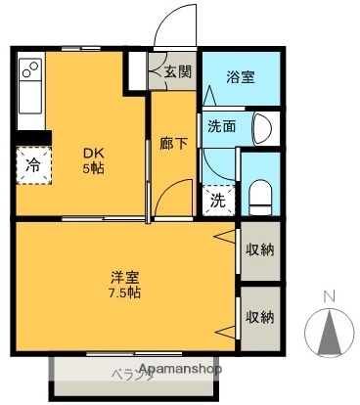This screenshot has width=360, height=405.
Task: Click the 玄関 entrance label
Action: (x=178, y=70)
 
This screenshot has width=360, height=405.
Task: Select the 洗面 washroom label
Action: (x=220, y=125)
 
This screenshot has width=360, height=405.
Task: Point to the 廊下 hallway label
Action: (x=174, y=143)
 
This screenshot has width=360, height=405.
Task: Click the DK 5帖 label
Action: (x=93, y=160)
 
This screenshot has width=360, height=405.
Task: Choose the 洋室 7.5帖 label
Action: (x=125, y=283)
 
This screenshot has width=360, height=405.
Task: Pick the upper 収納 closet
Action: (x=259, y=248)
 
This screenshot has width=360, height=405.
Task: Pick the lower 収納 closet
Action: (x=259, y=316)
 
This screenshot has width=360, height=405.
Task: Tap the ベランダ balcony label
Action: (x=133, y=375)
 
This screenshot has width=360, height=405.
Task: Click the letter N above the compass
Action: (x=330, y=295)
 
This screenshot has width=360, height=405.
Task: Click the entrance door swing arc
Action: (x=176, y=22)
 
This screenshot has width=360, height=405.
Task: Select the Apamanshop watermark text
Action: (x=181, y=370)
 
